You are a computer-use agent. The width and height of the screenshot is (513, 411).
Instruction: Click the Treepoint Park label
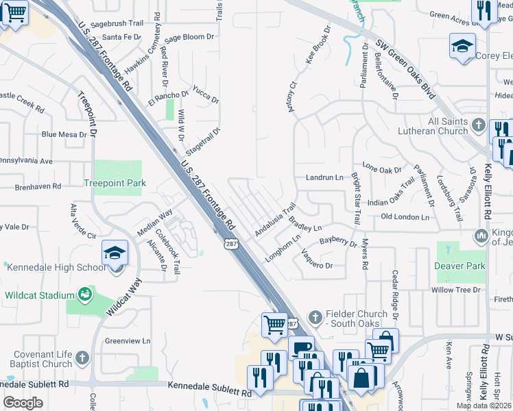tap(115, 184)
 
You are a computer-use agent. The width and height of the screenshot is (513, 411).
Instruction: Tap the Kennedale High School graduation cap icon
tap(115, 253)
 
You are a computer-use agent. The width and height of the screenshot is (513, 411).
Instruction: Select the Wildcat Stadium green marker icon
tap(86, 295)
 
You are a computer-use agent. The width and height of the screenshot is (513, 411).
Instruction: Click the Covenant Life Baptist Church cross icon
tap(82, 358)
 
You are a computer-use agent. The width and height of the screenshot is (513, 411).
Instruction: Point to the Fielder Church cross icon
tap(315, 316)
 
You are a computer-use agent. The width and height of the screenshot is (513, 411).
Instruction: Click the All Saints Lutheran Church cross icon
tap(479, 126)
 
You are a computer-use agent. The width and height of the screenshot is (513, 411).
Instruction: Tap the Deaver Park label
tap(460, 266)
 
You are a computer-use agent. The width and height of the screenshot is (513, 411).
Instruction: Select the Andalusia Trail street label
tap(275, 219)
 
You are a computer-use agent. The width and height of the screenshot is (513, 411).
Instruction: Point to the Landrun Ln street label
tap(324, 177)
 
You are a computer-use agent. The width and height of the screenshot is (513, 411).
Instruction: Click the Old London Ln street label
tap(405, 217)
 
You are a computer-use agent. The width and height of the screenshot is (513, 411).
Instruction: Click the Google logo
tap(23, 403)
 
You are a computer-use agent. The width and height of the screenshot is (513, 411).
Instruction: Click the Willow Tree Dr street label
tap(456, 290)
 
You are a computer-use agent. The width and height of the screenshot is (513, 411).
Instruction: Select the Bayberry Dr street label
tap(339, 242)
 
